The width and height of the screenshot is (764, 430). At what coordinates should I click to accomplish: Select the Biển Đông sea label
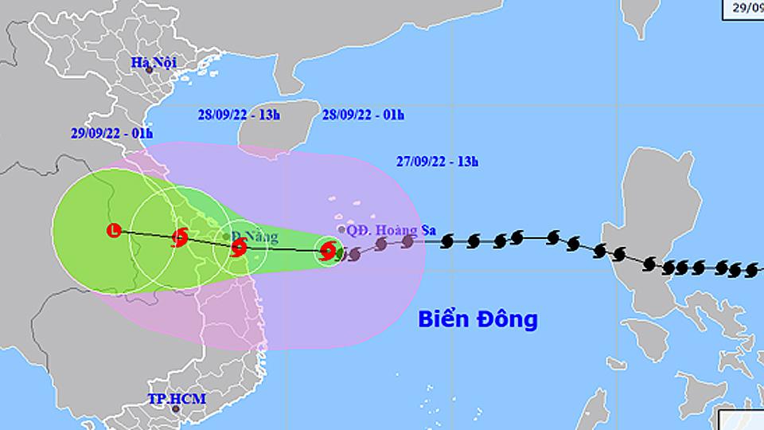click(478, 320)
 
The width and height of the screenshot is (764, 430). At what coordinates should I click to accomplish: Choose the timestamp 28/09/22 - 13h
click(239, 115)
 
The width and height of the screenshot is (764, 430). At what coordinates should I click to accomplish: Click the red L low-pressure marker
click(114, 232)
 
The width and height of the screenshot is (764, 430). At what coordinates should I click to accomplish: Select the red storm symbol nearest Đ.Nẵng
click(238, 248)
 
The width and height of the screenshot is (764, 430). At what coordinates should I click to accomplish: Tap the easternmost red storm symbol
click(327, 252)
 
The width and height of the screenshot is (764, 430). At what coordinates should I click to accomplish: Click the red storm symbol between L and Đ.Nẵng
click(180, 236)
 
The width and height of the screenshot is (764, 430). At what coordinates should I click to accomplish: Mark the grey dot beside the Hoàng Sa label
click(341, 229)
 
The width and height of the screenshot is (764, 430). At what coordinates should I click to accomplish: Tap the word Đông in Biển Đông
click(509, 320)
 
